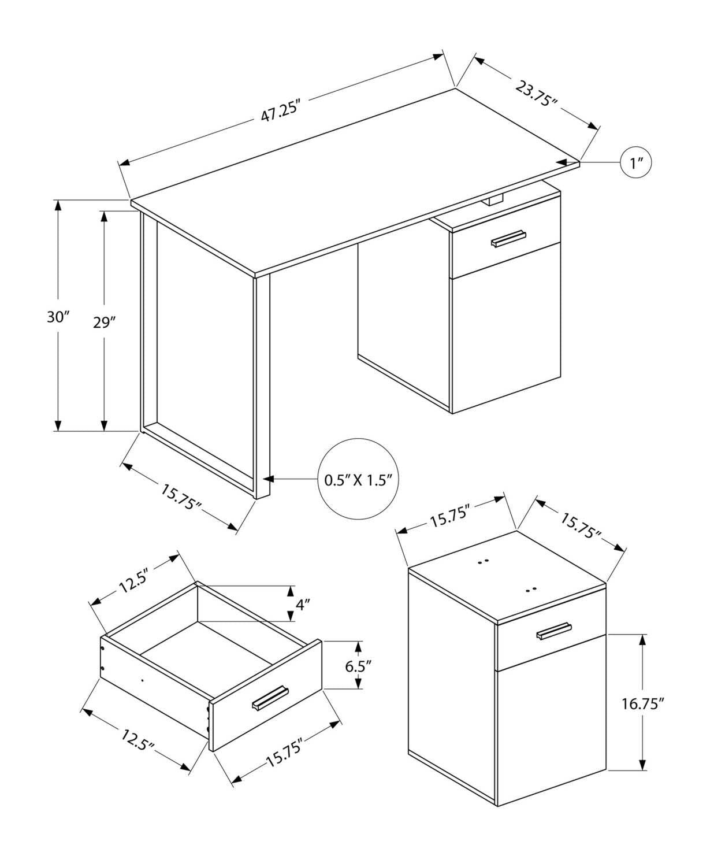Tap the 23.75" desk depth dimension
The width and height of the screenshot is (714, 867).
click(536, 94)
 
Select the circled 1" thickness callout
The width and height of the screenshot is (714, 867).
click(636, 163)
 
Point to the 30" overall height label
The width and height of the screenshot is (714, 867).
click(58, 317)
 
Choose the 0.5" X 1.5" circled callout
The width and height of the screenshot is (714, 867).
click(358, 479)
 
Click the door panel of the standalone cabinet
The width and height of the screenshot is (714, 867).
click(551, 728)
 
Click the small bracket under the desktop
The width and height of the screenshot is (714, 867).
click(493, 200)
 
